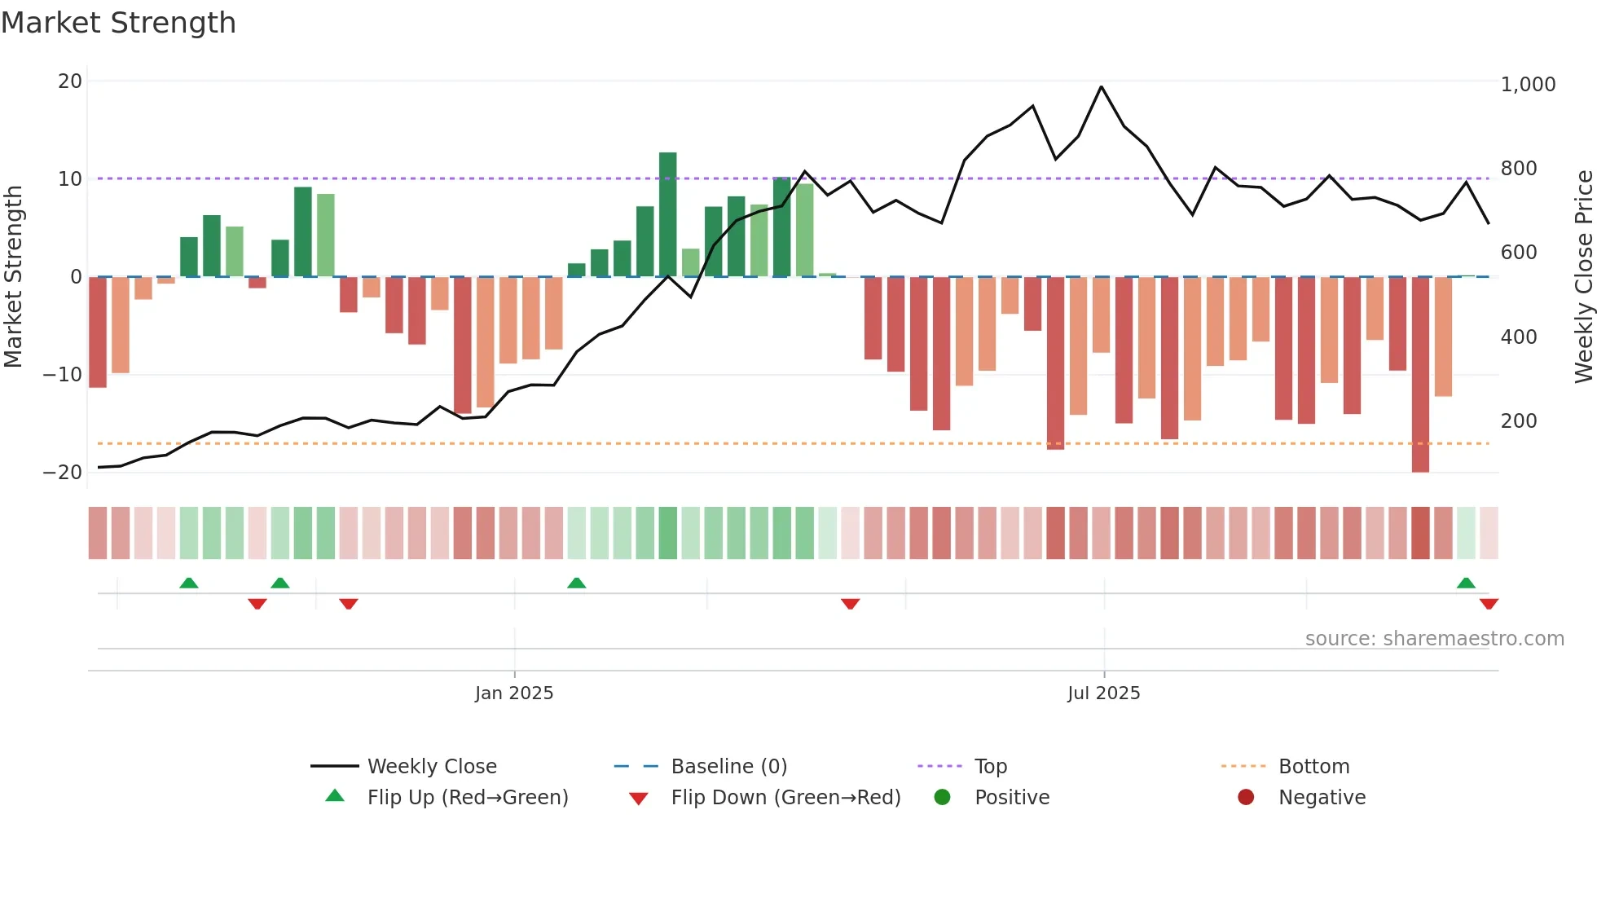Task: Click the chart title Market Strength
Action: [118, 23]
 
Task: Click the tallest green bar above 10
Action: [667, 213]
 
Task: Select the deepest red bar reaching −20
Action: [1420, 375]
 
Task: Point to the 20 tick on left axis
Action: [70, 81]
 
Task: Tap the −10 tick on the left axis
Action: [63, 375]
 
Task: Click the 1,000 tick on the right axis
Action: [1528, 85]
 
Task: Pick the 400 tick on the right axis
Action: [1519, 337]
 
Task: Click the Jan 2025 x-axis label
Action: [514, 693]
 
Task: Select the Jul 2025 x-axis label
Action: [1104, 693]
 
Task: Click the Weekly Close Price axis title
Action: [1583, 277]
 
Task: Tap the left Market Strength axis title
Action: [14, 277]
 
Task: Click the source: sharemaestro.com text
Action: [1434, 639]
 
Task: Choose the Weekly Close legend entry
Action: [431, 767]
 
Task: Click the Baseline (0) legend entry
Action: [728, 767]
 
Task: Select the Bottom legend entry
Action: [1313, 767]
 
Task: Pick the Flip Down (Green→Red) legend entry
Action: [785, 798]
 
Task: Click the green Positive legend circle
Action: [943, 798]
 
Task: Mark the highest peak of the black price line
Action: [1102, 86]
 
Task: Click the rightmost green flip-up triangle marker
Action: [1466, 583]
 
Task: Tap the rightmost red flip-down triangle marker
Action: [1489, 604]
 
